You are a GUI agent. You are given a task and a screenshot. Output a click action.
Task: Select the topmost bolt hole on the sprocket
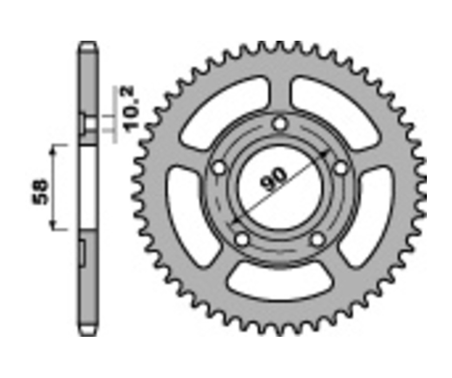[280, 123]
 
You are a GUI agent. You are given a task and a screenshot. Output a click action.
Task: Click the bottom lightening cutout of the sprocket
[279, 283]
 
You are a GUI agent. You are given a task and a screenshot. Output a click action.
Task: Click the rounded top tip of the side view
[87, 45]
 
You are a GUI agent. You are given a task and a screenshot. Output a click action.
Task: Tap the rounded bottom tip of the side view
[87, 332]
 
